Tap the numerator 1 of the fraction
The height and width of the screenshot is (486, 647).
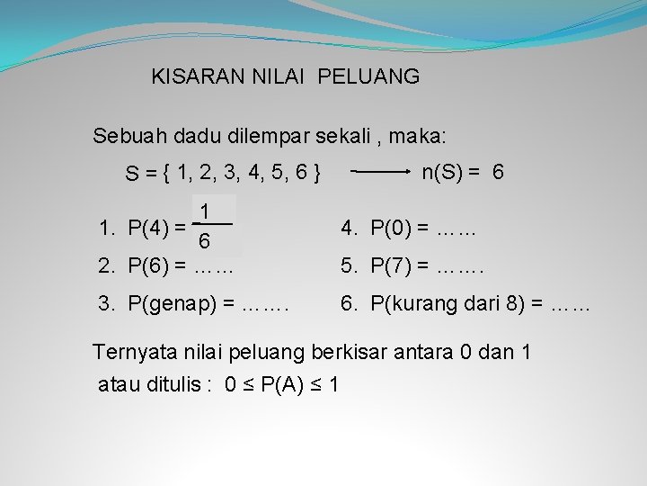point(206,211)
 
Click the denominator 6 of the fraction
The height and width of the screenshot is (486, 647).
point(206,242)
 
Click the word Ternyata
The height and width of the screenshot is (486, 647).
point(134,352)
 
